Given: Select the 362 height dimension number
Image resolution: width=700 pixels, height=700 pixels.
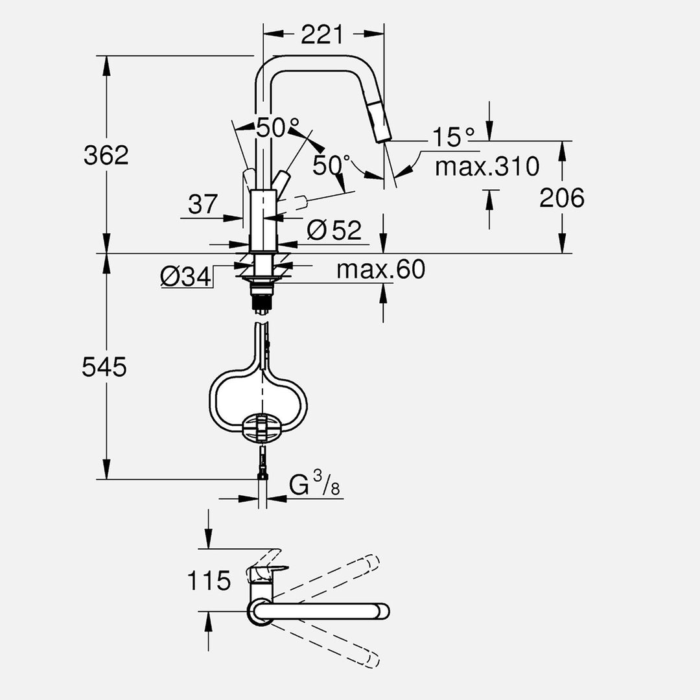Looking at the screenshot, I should pyautogui.click(x=106, y=155).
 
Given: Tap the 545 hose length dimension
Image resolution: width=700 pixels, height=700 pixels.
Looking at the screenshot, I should pyautogui.click(x=104, y=367).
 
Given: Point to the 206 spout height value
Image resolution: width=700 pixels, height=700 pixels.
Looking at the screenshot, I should pyautogui.click(x=562, y=198).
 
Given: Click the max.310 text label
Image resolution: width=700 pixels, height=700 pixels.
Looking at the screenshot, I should pyautogui.click(x=487, y=167).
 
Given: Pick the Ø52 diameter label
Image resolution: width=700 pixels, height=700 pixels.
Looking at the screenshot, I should pyautogui.click(x=334, y=229).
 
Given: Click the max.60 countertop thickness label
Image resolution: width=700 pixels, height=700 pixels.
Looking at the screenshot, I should pyautogui.click(x=380, y=269).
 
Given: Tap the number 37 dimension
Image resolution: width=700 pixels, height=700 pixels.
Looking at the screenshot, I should pyautogui.click(x=204, y=205).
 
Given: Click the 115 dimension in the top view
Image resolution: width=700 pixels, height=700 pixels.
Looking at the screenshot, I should pyautogui.click(x=209, y=581).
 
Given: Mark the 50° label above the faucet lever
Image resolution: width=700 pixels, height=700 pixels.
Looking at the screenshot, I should pyautogui.click(x=277, y=128).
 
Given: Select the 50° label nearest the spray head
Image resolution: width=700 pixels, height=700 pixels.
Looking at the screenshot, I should pyautogui.click(x=331, y=165).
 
